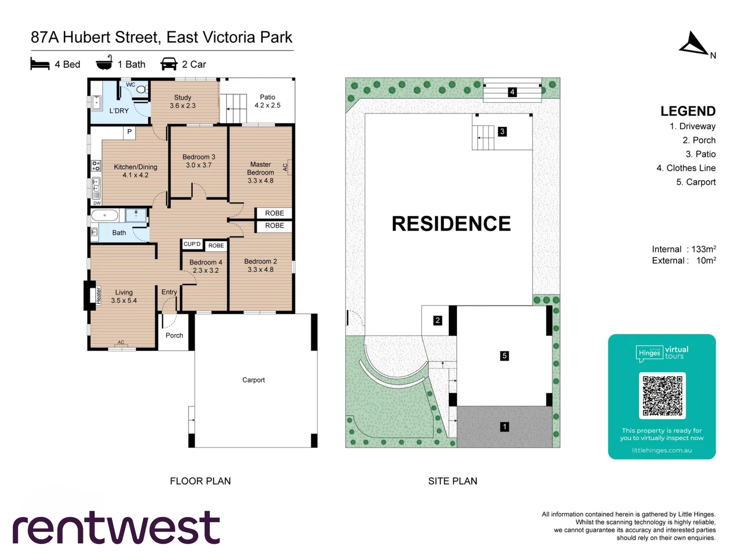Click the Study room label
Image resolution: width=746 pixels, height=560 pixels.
point(182,101)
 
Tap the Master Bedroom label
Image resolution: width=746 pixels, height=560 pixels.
point(261,172)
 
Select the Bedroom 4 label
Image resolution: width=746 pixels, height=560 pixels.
point(206,266)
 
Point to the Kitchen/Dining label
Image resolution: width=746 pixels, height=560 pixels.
point(135,171)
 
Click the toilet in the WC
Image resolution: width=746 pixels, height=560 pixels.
point(141,90)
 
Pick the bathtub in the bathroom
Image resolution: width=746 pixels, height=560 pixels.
point(105,215)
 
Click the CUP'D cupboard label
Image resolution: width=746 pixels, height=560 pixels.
point(192,244)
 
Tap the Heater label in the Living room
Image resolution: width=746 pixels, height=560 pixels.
point(98,295)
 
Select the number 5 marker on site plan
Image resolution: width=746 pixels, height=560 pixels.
point(505,356)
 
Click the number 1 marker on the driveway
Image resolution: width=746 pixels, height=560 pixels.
point(505,427)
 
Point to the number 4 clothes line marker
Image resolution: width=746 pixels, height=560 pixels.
point(512,92)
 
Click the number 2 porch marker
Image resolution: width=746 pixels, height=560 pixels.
point(438,320)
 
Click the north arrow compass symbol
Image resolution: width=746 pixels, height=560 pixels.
point(694,44)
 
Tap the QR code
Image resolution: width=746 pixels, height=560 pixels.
point(662,395)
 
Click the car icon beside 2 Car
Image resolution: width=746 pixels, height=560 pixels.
point(169,64)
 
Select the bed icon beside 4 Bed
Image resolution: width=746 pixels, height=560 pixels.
point(40,64)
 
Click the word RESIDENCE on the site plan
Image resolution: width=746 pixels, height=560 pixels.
point(451,223)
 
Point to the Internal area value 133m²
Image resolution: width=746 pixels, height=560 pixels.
point(704,249)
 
